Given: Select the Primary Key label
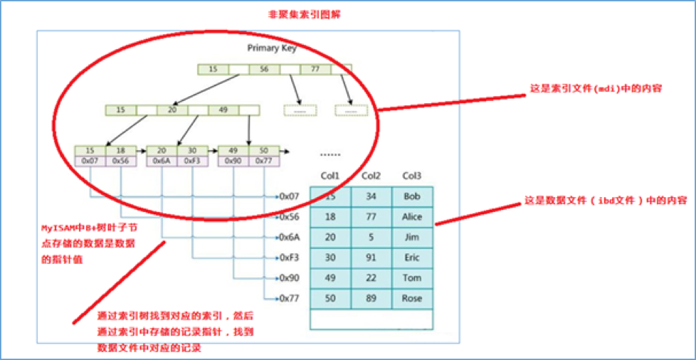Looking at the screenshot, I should tap(272, 48).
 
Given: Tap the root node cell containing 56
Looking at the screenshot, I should tap(264, 69).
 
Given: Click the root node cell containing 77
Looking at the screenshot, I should tap(315, 69).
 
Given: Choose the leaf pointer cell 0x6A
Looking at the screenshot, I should tap(161, 162).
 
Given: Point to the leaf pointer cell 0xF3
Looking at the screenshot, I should tap(192, 162).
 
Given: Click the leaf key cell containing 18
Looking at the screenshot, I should tap(121, 151).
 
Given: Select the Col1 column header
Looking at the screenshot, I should tap(330, 176).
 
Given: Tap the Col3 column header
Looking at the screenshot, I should tap(411, 176).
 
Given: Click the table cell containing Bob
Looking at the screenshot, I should tap(412, 196).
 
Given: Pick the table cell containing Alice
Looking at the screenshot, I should tap(412, 216).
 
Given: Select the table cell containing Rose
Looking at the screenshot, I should tap(412, 298).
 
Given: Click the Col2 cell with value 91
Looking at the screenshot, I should tap(370, 258).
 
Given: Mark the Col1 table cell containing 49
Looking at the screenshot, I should tap(330, 277).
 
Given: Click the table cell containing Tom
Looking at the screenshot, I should tap(412, 277).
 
